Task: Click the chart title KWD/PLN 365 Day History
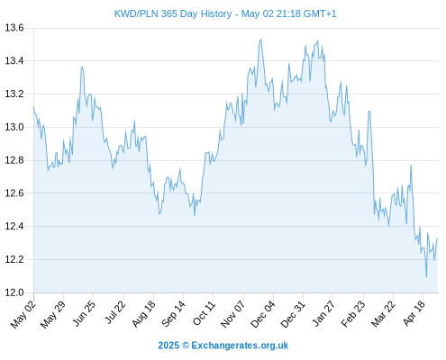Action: click(173, 13)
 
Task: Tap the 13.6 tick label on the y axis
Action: click(14, 28)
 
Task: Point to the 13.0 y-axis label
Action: click(14, 127)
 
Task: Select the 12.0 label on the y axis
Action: click(14, 292)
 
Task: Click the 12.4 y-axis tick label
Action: click(14, 226)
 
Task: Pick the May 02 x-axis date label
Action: click(23, 314)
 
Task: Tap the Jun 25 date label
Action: click(84, 313)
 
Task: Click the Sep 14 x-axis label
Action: click(173, 313)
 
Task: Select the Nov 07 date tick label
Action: click(232, 314)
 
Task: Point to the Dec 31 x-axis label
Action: click(293, 314)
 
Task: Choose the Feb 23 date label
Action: click(353, 314)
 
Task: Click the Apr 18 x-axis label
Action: click(414, 313)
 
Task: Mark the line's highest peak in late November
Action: click(261, 40)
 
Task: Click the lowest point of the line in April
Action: click(426, 277)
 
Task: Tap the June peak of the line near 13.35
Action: click(82, 67)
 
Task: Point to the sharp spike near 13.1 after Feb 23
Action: click(369, 111)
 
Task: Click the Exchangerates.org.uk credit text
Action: click(240, 346)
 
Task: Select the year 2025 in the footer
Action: click(168, 346)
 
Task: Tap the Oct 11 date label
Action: click(204, 313)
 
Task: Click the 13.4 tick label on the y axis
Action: click(14, 61)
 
